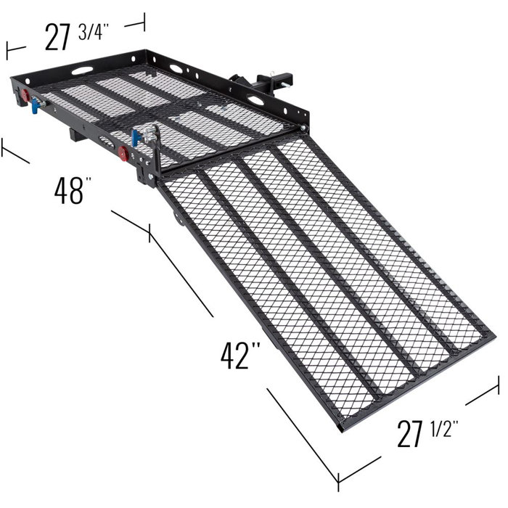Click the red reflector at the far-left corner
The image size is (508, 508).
[x=26, y=96]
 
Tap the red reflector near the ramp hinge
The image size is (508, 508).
[x=123, y=153]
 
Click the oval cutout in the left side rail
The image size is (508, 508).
[x=83, y=71]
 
